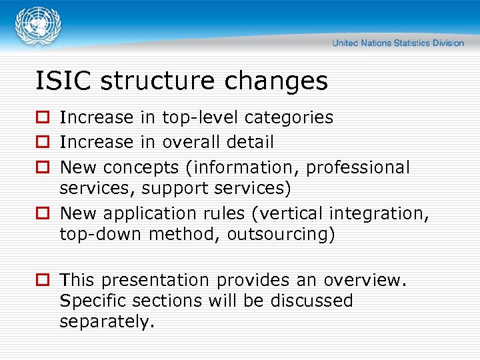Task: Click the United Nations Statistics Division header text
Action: point(398,43)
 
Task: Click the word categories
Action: point(289,118)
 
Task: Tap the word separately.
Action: point(107,322)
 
